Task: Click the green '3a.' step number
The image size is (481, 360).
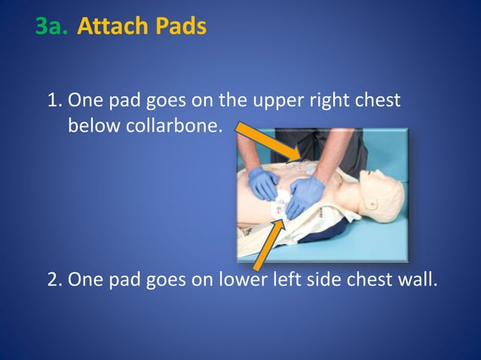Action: coord(51,26)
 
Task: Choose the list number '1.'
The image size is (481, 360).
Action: coord(55,100)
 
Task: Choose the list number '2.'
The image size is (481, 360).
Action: coord(55,279)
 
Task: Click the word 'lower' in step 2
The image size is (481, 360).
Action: coord(239,279)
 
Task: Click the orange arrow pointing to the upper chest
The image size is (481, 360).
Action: coord(269,142)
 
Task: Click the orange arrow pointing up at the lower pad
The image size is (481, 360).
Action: coord(268,245)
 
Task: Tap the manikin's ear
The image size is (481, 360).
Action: coord(372,204)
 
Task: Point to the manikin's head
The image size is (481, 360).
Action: coord(381,194)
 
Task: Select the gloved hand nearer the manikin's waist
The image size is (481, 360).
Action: coord(262,183)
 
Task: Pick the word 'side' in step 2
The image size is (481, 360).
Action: coord(319,279)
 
